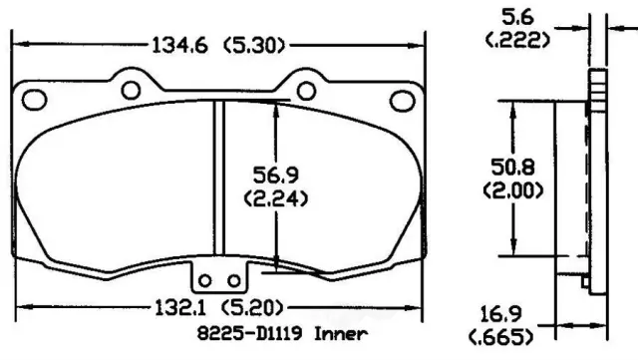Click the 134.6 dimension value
[179, 45]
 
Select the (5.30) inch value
[254, 45]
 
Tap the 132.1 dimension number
[180, 308]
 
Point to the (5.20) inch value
[252, 308]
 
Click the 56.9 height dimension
[276, 176]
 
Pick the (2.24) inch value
[276, 198]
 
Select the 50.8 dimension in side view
[512, 167]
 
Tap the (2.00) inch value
[513, 190]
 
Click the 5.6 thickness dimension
[517, 18]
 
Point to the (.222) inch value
[517, 40]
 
